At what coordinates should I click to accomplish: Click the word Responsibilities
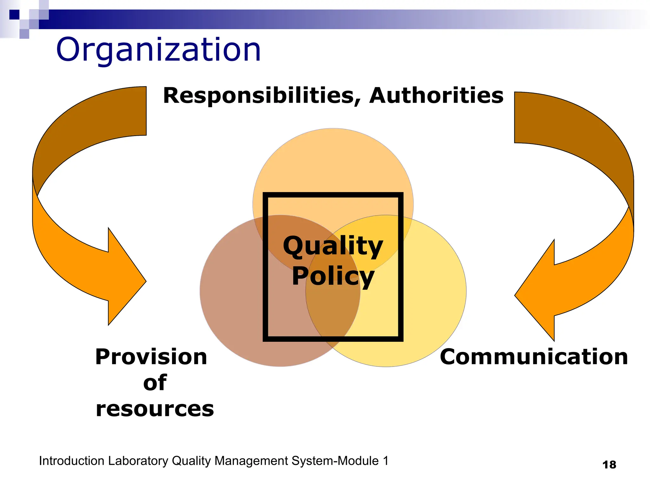click(x=262, y=95)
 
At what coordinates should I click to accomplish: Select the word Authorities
click(x=436, y=95)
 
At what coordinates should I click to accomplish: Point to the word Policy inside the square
click(x=333, y=276)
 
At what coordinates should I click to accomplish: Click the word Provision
click(x=151, y=357)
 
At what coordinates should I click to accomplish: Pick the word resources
click(x=155, y=409)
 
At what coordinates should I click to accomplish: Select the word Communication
click(x=534, y=357)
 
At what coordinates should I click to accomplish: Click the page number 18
click(x=609, y=465)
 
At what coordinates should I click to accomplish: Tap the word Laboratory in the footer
click(x=138, y=461)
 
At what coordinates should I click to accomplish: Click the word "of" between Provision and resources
click(x=155, y=383)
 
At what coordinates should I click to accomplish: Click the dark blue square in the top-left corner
click(x=14, y=15)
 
